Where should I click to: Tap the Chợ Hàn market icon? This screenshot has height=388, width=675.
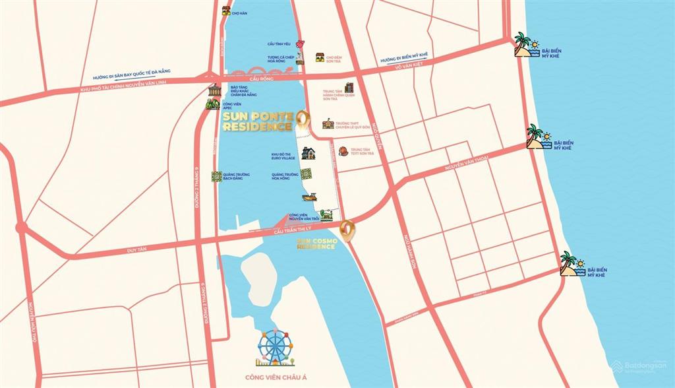(x=226, y=11)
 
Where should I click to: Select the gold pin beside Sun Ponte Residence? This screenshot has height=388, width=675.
(x=302, y=119)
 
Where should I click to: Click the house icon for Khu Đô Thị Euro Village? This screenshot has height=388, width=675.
(x=308, y=153)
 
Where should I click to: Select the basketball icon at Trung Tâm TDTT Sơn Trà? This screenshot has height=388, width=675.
(x=343, y=151)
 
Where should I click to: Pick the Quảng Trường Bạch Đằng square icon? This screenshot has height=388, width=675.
(x=216, y=176)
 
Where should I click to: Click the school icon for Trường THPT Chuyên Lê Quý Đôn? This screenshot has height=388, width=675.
(x=328, y=123)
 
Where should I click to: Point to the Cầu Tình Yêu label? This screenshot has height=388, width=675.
(x=279, y=44)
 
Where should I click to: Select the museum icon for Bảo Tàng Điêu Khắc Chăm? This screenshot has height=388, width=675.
(x=214, y=90)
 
